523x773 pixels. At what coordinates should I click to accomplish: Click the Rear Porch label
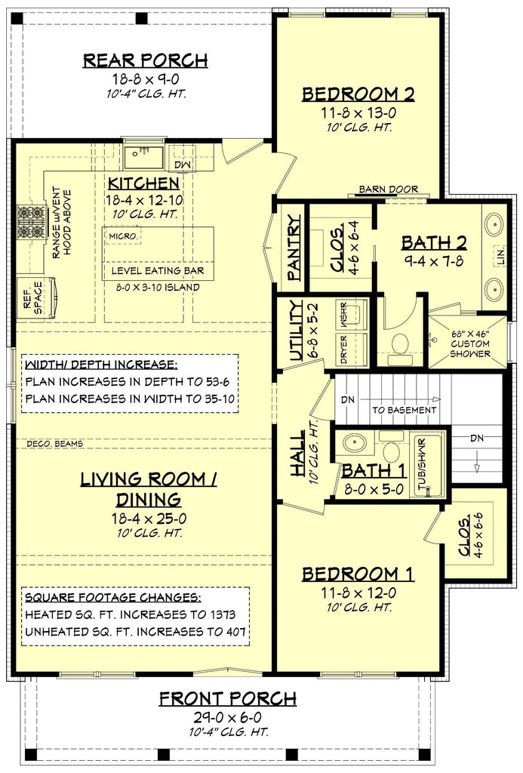pos(144,60)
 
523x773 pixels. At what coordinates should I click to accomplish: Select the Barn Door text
pos(389,189)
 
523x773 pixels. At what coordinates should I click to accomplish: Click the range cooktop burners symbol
pos(32,221)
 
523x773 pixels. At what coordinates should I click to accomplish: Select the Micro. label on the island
pos(124,236)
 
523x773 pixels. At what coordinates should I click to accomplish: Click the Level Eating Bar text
pos(158,270)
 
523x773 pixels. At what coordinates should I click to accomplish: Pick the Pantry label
pos(294,247)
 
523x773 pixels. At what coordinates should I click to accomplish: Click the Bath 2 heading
pos(434,242)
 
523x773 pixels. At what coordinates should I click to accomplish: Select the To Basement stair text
pos(404,410)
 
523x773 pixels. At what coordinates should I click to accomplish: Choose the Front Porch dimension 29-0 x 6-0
pos(227,716)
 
